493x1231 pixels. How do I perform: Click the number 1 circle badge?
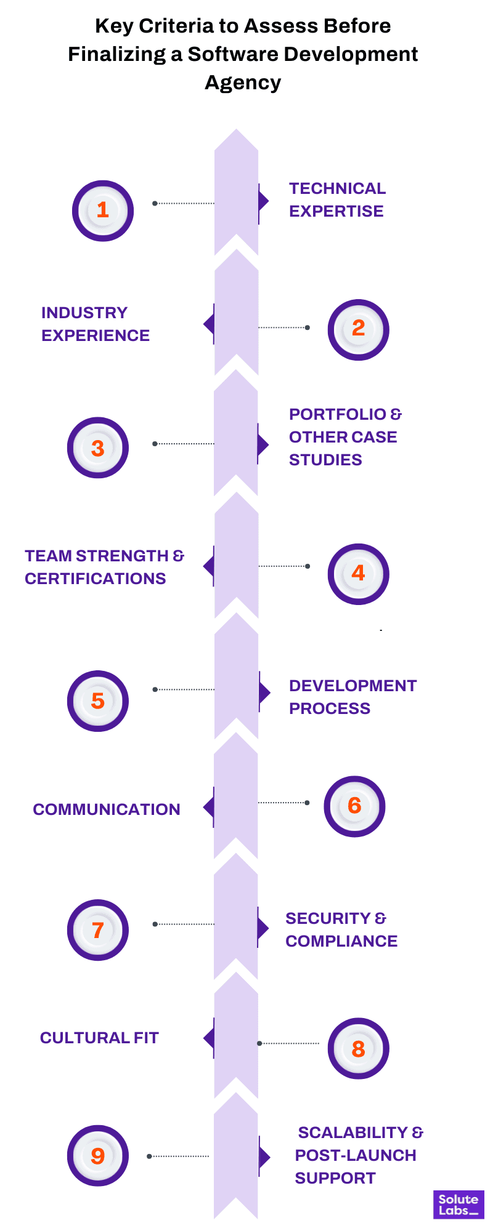(x=103, y=211)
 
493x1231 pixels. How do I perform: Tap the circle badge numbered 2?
(x=358, y=329)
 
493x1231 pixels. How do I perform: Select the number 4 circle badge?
(x=358, y=574)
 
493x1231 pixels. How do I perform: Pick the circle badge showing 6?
(x=354, y=806)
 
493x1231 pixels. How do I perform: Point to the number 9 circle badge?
(x=98, y=1155)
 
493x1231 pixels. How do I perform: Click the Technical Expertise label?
(x=336, y=200)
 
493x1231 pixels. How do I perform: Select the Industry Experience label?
(x=96, y=324)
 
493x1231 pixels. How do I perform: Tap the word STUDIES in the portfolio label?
(x=325, y=460)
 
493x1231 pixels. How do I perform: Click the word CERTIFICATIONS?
(x=96, y=579)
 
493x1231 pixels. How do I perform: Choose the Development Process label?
(x=352, y=697)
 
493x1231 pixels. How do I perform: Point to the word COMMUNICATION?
(x=107, y=810)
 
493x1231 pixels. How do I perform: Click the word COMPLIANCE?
(x=341, y=942)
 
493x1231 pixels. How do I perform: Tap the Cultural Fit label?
(x=99, y=1038)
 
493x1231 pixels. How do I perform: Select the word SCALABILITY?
(x=352, y=1133)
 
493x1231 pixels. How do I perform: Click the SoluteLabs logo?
(x=458, y=1205)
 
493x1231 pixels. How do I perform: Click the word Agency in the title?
(x=243, y=82)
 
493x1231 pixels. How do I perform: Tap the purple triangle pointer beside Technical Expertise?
(x=264, y=201)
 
